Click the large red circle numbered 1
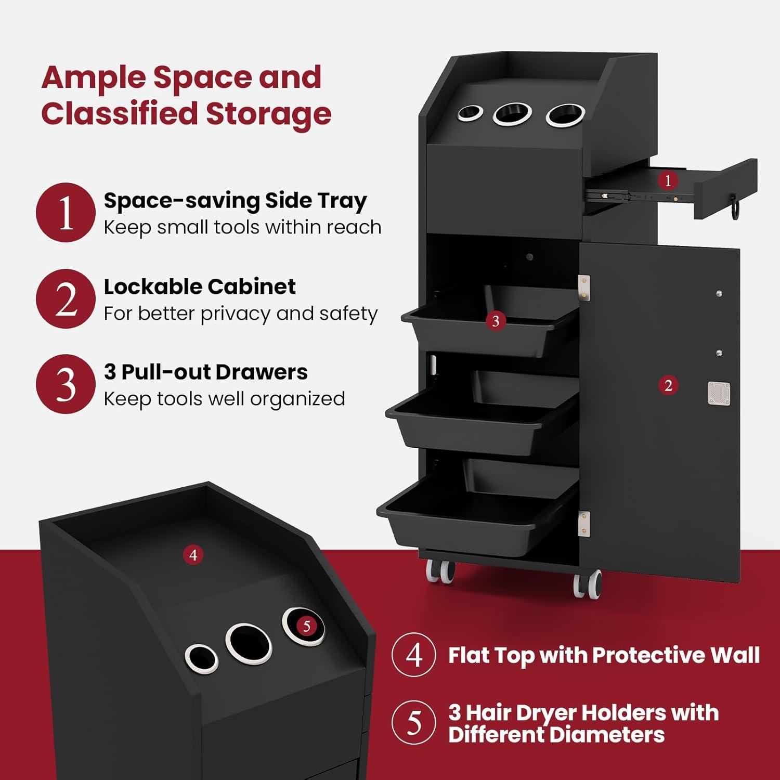(66, 212)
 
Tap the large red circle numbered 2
(66, 298)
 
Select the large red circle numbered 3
(66, 384)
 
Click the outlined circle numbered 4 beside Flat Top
(414, 655)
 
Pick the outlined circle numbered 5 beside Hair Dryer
(414, 722)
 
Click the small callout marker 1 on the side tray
(668, 180)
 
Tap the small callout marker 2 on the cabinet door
(668, 385)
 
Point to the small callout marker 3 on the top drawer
(496, 321)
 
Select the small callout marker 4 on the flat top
(193, 555)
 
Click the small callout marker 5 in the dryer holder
(306, 626)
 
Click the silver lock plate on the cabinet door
(719, 393)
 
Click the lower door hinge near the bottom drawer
(584, 524)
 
